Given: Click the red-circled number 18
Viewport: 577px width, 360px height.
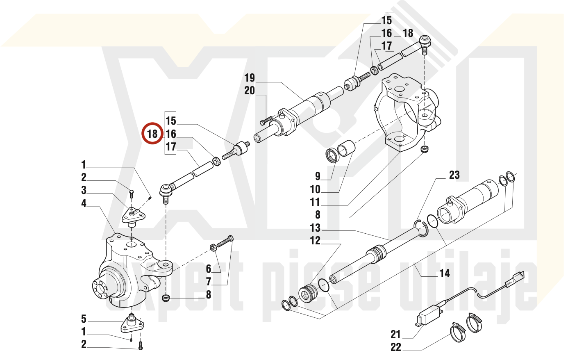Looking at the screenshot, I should pyautogui.click(x=152, y=134).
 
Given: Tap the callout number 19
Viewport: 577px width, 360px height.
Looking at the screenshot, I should pyautogui.click(x=250, y=78).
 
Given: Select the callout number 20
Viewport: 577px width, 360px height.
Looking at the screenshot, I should pyautogui.click(x=250, y=91).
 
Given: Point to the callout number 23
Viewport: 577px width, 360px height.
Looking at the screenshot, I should pyautogui.click(x=454, y=175).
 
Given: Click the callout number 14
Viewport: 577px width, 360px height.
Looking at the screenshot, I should pyautogui.click(x=445, y=273).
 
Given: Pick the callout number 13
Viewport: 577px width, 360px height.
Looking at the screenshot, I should pyautogui.click(x=315, y=228).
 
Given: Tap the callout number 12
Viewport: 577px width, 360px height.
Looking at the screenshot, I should pyautogui.click(x=315, y=241).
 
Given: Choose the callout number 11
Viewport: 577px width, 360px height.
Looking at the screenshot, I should pyautogui.click(x=315, y=202).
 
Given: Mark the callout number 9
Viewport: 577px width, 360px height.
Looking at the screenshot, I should pyautogui.click(x=318, y=176).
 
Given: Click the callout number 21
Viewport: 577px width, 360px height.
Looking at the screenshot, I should pyautogui.click(x=395, y=335).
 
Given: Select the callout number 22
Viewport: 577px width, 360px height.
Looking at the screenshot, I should pyautogui.click(x=395, y=347).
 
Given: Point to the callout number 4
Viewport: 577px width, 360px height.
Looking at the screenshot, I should pyautogui.click(x=84, y=203).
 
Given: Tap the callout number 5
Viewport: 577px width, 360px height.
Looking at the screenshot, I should pyautogui.click(x=84, y=319).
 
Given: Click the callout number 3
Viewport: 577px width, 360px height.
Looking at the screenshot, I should pyautogui.click(x=84, y=190).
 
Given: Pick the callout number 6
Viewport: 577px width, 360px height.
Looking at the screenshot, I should pyautogui.click(x=209, y=269).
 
